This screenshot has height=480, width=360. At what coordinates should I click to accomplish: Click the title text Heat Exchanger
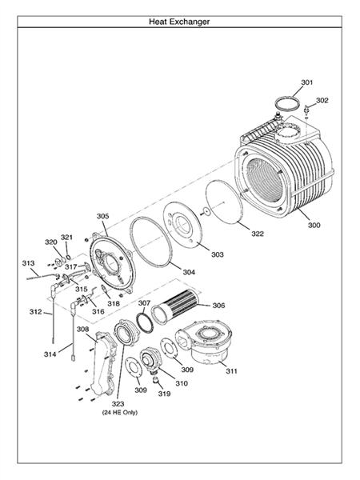click(179, 22)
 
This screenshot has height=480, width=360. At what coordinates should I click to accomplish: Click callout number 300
click(314, 225)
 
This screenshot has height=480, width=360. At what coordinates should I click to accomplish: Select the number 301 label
click(307, 82)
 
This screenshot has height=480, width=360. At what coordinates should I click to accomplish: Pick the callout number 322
click(258, 234)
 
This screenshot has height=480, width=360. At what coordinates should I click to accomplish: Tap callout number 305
click(103, 215)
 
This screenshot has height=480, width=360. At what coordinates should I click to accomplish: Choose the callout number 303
click(218, 254)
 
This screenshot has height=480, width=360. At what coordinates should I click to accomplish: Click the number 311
click(231, 371)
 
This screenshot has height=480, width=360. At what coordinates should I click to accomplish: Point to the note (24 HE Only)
click(118, 413)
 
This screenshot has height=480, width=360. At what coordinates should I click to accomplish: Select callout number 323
click(118, 403)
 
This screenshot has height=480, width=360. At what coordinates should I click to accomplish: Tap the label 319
click(164, 394)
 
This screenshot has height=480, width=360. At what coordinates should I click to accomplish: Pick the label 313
click(28, 262)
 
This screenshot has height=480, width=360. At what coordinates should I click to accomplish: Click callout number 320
click(50, 242)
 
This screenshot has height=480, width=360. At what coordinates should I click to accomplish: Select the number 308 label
click(82, 329)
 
